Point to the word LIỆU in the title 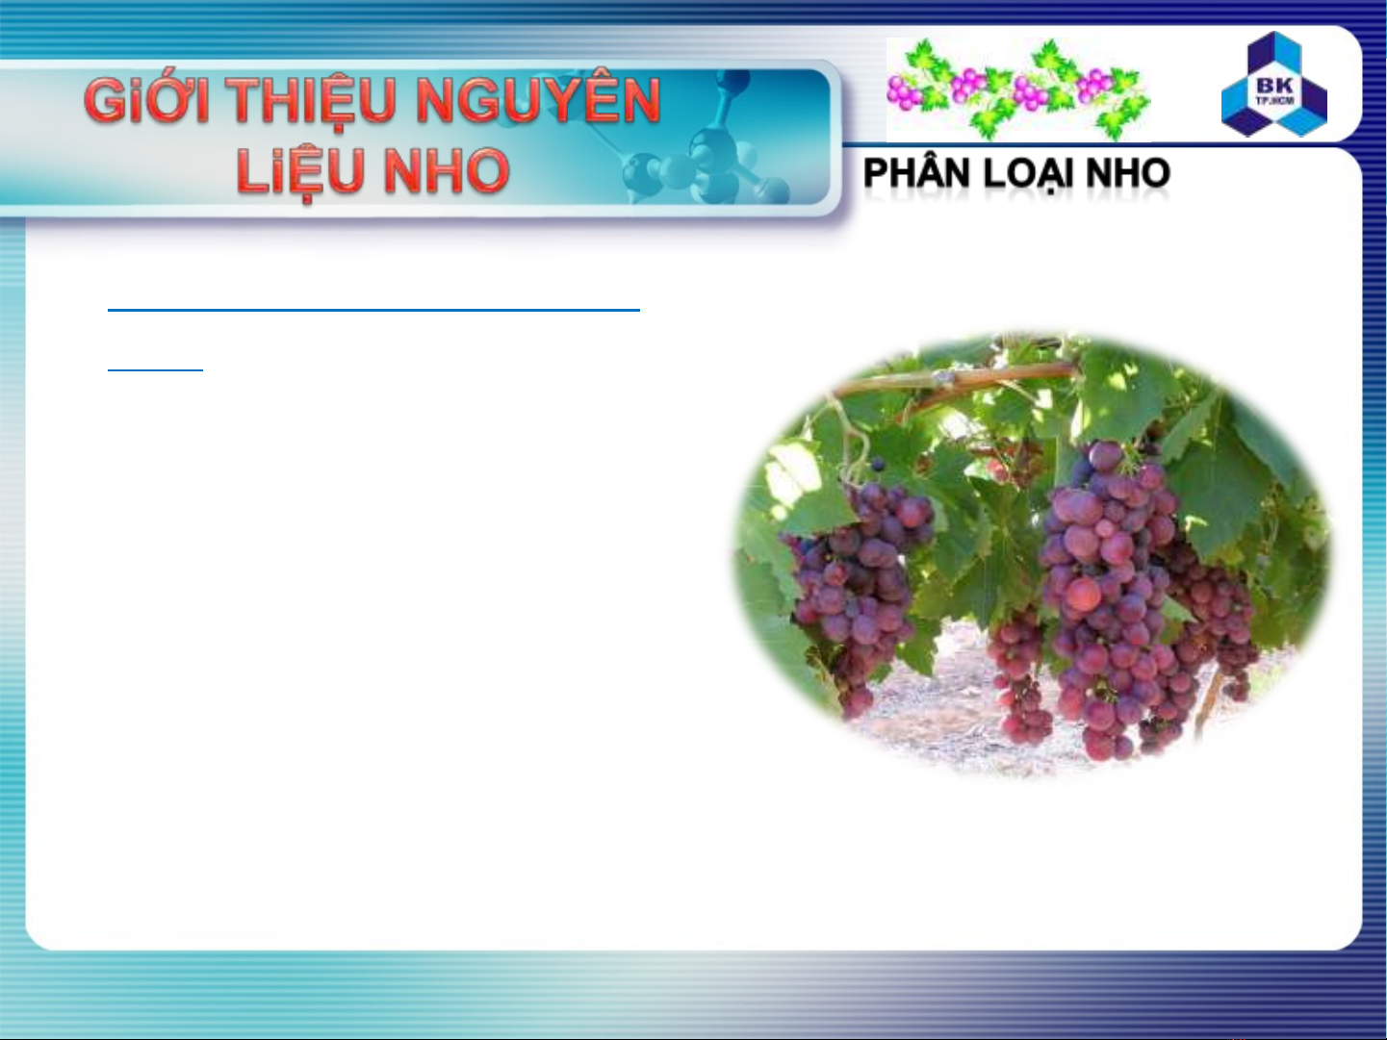(302, 172)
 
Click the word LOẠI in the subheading (1027, 174)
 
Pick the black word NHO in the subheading (1128, 173)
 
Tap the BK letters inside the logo (1274, 85)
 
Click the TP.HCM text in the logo (1274, 100)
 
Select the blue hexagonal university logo (1273, 84)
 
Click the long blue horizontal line (374, 310)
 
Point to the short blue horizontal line (155, 369)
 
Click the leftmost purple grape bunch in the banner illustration (904, 92)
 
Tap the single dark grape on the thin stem (877, 465)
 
